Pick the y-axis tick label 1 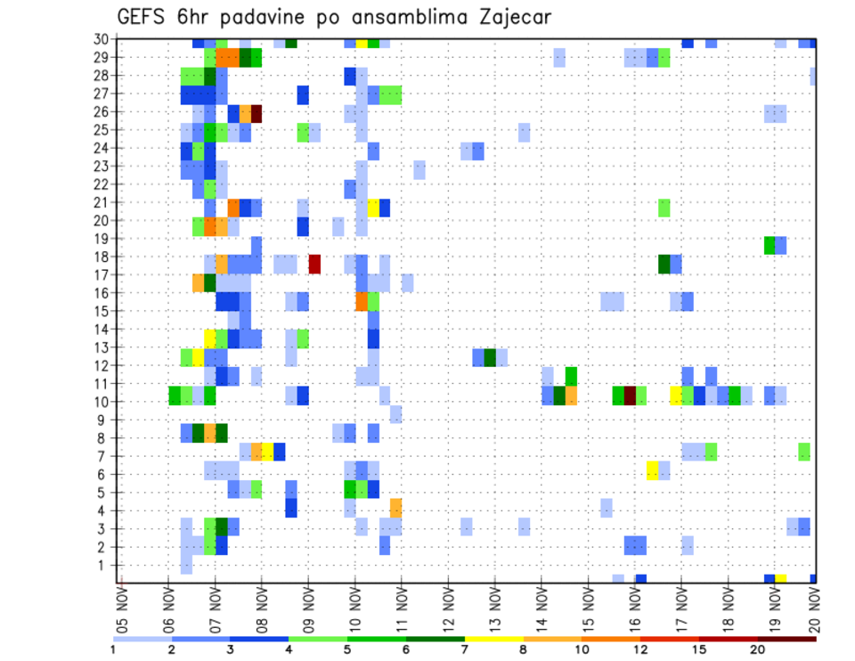(104, 565)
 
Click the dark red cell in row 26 (256, 113)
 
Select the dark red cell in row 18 (314, 264)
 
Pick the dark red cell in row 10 (630, 395)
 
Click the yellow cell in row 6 (652, 470)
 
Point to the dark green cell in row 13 (489, 357)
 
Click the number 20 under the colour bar (757, 649)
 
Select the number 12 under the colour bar (640, 649)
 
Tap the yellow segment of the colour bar (494, 638)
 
